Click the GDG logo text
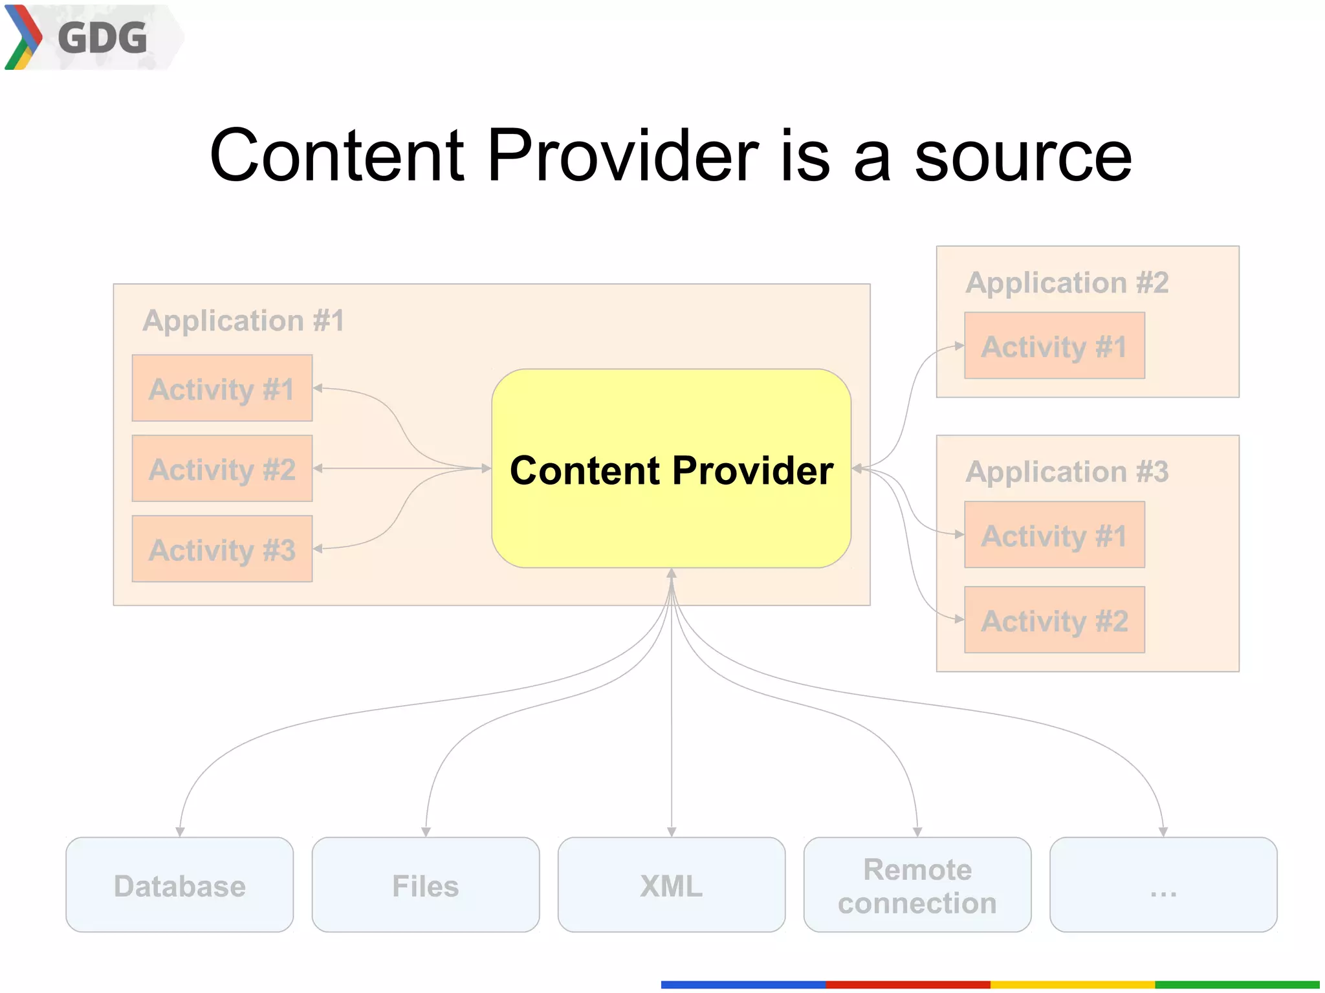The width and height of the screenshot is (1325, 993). pos(102,38)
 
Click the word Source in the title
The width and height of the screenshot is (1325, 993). pos(1023,157)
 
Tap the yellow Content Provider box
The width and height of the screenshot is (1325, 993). pos(671,469)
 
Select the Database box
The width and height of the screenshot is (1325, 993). pos(179,885)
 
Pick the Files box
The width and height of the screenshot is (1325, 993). pos(425,885)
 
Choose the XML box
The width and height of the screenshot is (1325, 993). pos(671,885)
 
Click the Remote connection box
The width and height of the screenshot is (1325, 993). pos(917,885)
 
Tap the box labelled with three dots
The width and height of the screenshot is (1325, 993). pos(1163,885)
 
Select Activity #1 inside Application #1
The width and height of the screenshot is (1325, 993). pos(222,388)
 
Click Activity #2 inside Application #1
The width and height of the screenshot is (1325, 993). pos(222,468)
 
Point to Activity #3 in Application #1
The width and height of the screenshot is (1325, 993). pos(222,549)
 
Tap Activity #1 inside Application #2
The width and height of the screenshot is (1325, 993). pos(1054,346)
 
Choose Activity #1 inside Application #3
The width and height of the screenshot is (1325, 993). pos(1054,535)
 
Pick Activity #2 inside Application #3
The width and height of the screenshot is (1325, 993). pos(1054,620)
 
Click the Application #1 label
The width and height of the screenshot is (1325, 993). pos(243,320)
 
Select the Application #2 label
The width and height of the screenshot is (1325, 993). pos(1067,283)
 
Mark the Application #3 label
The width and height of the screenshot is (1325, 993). pos(1067,472)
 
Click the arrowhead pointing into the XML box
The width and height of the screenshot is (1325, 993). pos(672,832)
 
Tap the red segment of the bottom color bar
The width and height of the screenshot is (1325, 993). pos(908,985)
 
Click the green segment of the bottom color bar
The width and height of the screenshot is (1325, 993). pos(1236,985)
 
